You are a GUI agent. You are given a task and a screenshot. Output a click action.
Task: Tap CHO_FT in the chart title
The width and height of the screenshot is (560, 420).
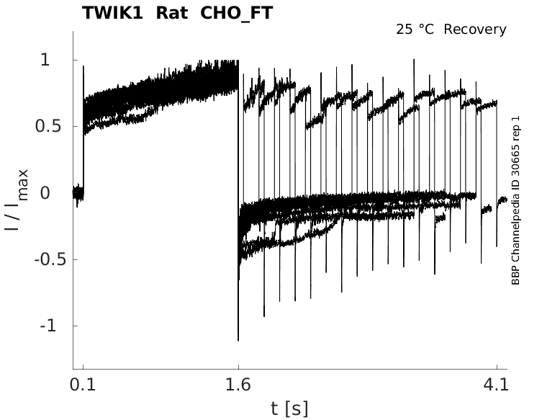[232, 13]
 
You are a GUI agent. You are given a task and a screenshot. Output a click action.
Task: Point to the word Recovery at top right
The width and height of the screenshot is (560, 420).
[475, 30]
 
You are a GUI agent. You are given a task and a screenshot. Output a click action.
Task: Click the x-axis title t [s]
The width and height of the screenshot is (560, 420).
[289, 408]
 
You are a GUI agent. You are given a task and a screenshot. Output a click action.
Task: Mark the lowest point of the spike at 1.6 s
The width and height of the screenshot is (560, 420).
[238, 339]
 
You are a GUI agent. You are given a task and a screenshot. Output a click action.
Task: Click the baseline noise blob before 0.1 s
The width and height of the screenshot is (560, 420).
[78, 192]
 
